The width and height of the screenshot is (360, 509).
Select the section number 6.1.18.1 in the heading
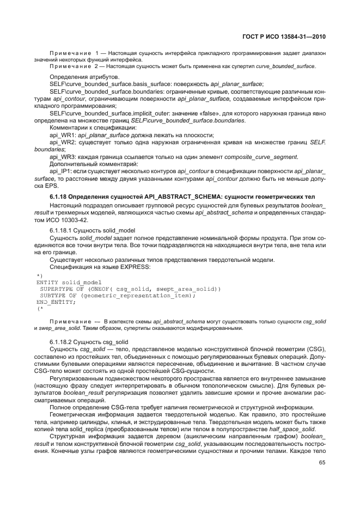pyautogui.click(x=64, y=231)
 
